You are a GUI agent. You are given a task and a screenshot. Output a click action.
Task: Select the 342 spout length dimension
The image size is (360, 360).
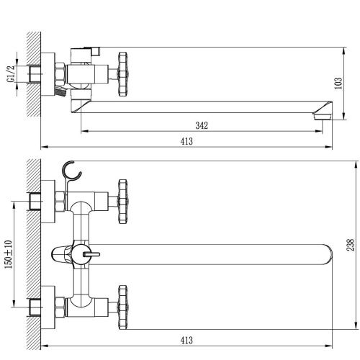click(x=202, y=125)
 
